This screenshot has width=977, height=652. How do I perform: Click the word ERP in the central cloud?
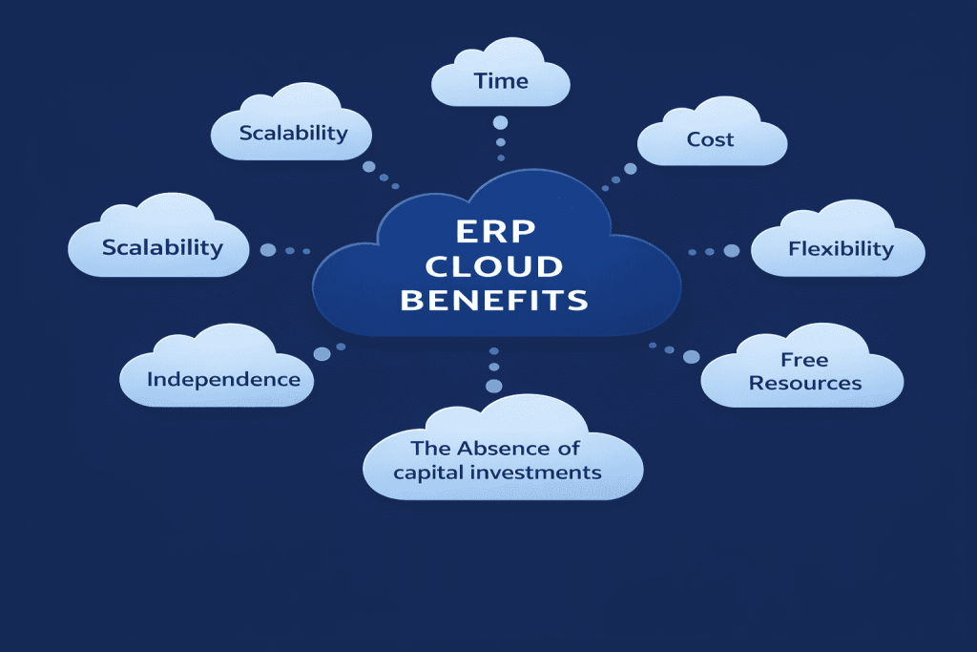click(x=495, y=232)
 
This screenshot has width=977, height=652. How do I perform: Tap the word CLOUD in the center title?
click(x=495, y=266)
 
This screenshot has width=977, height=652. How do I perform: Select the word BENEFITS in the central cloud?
click(x=495, y=301)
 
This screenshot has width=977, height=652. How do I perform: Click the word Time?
click(x=501, y=81)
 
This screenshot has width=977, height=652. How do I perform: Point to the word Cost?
click(x=711, y=139)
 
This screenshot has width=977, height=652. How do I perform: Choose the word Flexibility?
click(x=841, y=250)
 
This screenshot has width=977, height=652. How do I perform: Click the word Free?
click(x=804, y=360)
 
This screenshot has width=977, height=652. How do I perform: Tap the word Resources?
click(x=805, y=383)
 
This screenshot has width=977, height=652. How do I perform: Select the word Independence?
click(x=223, y=379)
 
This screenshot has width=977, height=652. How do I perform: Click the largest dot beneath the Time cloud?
click(x=500, y=122)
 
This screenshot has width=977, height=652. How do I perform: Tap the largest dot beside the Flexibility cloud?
click(x=732, y=251)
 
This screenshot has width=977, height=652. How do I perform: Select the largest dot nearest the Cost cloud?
click(x=630, y=169)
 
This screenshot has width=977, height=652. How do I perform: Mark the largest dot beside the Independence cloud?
click(x=322, y=353)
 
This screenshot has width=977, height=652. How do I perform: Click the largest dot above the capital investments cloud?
click(x=493, y=386)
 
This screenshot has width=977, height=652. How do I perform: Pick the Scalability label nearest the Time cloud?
click(x=293, y=133)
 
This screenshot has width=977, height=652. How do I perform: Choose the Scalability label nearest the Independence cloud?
click(x=162, y=247)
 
